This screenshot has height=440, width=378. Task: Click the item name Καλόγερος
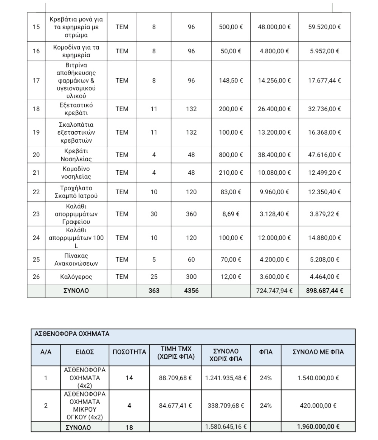coord(76,277)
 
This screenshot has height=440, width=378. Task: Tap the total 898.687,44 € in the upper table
coord(325,291)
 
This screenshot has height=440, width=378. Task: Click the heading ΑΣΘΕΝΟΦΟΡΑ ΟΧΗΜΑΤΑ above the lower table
coord(72,334)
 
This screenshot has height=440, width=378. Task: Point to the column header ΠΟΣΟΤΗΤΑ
coord(129,352)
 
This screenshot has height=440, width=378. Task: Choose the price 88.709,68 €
coord(175,378)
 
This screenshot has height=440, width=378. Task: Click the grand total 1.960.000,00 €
coord(318,427)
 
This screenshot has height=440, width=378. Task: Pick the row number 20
coord(36,155)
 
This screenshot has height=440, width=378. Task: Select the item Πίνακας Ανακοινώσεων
coord(76,260)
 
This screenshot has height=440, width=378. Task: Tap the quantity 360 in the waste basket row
coord(191,214)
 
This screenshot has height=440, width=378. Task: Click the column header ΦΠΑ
coord(266,352)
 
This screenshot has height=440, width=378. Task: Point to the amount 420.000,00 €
coord(318,406)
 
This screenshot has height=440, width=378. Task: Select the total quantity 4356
coord(191,291)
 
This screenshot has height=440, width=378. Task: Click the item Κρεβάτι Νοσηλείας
coord(76,155)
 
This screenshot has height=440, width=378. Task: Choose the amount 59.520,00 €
coord(325,27)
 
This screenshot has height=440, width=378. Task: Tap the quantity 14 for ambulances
coord(129,378)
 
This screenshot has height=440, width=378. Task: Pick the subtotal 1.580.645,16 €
coord(226,427)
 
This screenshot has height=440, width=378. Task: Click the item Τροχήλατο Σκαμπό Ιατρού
coord(76,192)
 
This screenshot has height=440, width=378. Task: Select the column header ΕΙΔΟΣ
coord(84,352)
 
